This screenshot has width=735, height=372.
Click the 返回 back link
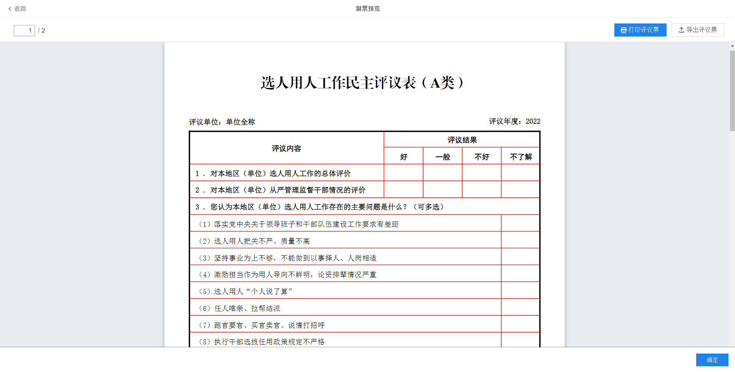tap(17, 8)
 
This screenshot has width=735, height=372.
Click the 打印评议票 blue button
tap(640, 30)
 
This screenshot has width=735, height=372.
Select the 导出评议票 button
tap(698, 30)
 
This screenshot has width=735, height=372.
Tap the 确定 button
tap(712, 360)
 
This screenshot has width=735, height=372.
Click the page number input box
tap(24, 30)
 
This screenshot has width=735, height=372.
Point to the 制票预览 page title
tap(367, 8)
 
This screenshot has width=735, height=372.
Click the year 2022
tap(533, 121)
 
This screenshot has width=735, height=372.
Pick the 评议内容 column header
tap(286, 148)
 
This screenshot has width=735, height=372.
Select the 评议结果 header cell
tap(462, 140)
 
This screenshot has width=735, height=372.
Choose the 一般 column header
tap(442, 157)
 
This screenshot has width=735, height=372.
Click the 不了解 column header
tap(520, 157)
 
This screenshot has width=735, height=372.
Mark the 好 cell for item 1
tap(403, 173)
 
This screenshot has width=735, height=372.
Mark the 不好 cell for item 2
tap(481, 189)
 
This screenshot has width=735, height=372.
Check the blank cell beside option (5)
tap(520, 291)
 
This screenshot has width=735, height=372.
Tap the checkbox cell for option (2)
tap(520, 240)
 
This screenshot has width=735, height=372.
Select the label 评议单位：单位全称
tap(222, 122)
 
